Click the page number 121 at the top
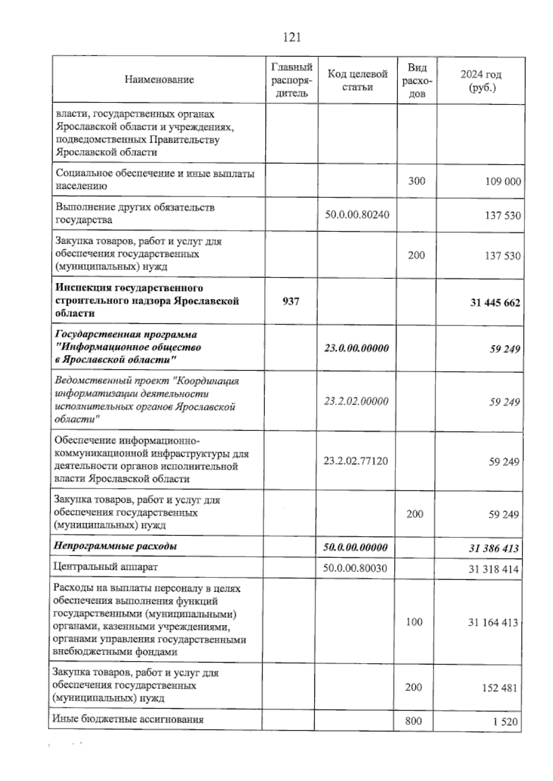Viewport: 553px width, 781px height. coord(292,37)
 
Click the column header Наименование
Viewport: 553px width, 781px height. coord(159,80)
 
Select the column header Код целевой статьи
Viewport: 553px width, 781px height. coord(358,80)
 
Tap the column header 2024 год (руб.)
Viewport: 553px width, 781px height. coord(481,81)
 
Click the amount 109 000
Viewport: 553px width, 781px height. coord(503,181)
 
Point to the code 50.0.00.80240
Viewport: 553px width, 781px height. coord(357,215)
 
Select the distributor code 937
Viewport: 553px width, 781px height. coord(291,301)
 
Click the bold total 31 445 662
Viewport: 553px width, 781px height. coord(495,303)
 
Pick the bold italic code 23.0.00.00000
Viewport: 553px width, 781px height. coord(356,348)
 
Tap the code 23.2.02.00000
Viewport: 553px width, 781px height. coord(356,401)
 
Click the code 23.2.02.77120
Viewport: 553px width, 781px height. coord(356,460)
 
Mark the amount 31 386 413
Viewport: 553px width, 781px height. coord(494,548)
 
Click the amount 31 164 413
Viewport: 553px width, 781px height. coord(493,623)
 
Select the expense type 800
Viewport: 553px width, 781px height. coord(413,721)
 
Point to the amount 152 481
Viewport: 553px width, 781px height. coord(500,688)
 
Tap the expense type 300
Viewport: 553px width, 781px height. coord(417,181)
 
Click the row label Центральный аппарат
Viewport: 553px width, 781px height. coord(106,567)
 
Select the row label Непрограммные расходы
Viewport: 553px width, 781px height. coord(115,547)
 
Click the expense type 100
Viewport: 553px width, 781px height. coord(414,622)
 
